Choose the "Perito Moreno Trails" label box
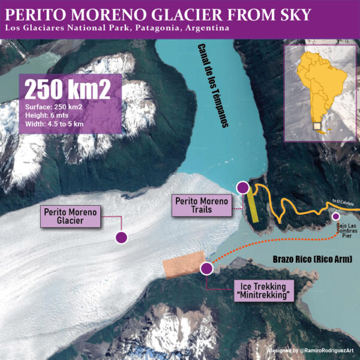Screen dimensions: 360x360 coord(202,206)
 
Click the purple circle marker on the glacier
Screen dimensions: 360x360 coord(121,238)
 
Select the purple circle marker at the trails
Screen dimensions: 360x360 coord(242,188)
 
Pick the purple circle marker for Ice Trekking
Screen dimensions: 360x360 coord(206,268)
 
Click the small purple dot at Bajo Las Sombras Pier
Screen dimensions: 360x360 coord(336,217)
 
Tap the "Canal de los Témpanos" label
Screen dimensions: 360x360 coord(214,86)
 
